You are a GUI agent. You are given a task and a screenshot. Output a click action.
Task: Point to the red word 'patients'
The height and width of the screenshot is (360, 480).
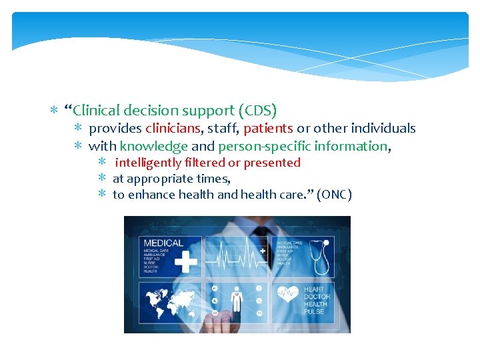[268, 128]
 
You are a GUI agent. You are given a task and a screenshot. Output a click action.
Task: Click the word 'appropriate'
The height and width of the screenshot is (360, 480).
[159, 179]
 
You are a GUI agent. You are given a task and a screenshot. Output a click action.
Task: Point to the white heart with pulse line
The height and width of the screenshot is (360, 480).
[289, 294]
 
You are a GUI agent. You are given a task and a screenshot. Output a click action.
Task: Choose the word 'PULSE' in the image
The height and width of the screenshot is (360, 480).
[314, 311]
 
